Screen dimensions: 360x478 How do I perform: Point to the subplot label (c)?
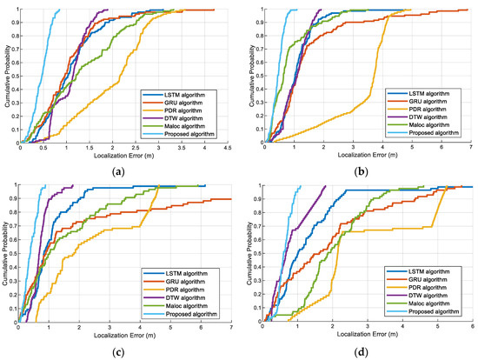[x=122, y=352]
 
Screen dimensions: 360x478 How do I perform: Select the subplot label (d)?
[x=361, y=352]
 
